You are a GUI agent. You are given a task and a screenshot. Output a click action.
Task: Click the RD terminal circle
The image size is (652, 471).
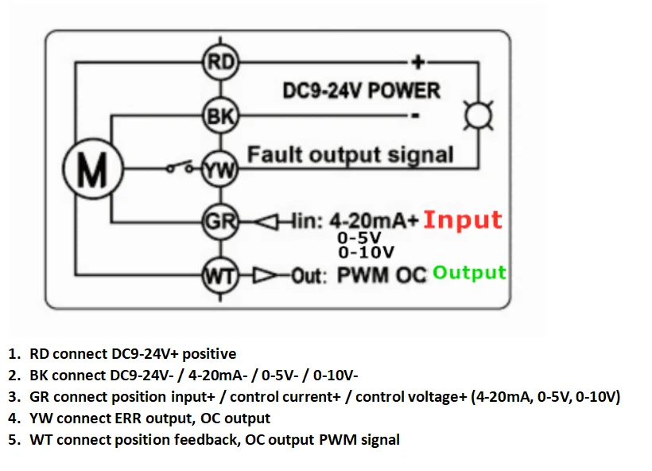tap(220, 61)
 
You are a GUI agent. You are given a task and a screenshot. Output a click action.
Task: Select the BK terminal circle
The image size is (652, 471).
tap(220, 117)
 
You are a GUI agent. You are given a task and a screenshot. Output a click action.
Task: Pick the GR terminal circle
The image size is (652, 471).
tap(219, 220)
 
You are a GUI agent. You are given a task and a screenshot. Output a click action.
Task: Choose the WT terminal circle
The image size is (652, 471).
tap(219, 276)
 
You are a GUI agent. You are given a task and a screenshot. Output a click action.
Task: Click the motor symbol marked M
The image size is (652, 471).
tap(91, 169)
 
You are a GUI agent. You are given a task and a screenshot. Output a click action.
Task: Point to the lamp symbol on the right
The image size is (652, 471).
tap(479, 116)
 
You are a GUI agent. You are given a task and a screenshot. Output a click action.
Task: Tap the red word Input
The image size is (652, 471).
tap(463, 220)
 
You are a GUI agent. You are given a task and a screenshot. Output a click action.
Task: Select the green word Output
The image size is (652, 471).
tap(469, 273)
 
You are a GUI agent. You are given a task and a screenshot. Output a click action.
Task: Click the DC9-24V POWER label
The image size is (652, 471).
tap(361, 91)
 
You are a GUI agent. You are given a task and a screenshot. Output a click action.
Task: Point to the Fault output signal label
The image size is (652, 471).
tap(351, 154)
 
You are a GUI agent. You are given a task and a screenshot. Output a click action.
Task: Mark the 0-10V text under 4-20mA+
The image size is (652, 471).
tap(366, 253)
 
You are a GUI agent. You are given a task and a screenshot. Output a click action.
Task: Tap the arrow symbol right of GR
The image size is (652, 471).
tap(263, 221)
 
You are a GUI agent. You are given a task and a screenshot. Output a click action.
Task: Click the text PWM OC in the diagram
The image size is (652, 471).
tap(383, 276)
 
